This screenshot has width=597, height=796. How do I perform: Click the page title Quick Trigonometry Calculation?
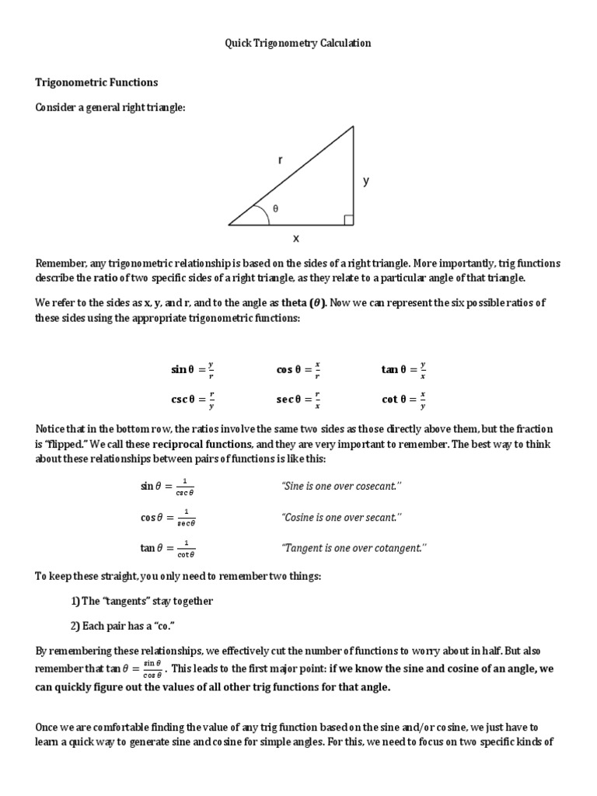click(x=298, y=44)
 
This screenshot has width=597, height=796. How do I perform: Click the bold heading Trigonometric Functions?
click(x=97, y=82)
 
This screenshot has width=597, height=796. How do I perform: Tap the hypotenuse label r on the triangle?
click(x=281, y=161)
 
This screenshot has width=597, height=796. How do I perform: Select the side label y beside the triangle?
click(x=365, y=181)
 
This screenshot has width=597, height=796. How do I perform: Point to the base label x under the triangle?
click(x=296, y=239)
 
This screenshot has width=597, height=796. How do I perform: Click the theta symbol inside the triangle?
click(x=274, y=209)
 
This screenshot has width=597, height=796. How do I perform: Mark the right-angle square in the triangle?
click(x=348, y=220)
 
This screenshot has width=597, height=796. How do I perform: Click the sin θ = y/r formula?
click(x=193, y=370)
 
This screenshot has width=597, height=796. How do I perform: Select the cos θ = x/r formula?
click(x=298, y=370)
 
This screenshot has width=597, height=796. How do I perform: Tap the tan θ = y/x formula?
click(x=403, y=370)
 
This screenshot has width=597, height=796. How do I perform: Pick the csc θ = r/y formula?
click(x=193, y=400)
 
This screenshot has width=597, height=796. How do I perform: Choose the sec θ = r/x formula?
click(x=298, y=400)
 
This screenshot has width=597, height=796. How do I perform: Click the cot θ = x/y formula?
click(x=403, y=400)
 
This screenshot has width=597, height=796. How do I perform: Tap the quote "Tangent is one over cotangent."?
click(x=354, y=548)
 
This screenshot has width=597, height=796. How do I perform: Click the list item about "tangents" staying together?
click(x=141, y=601)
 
